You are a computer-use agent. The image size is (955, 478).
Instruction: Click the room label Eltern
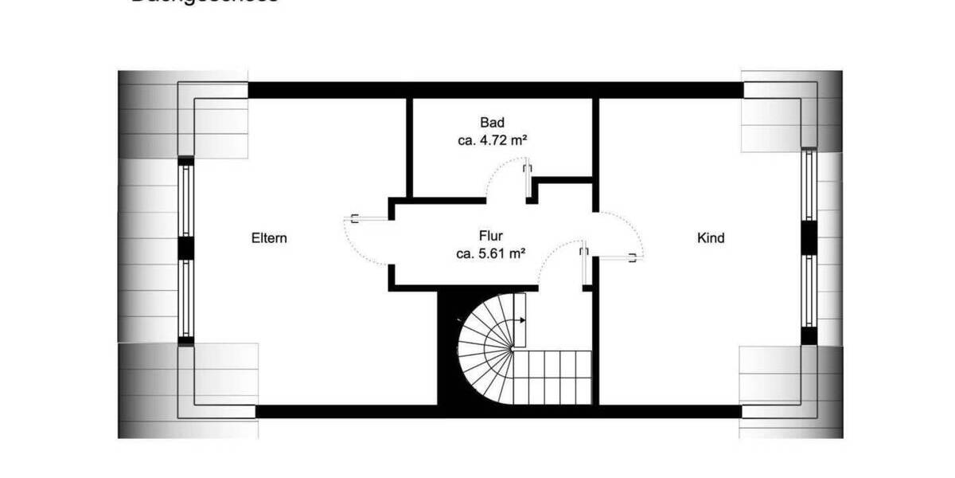tap(268, 238)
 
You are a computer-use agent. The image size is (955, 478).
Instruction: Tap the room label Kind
tap(711, 238)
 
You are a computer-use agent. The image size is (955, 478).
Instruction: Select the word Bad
tap(492, 123)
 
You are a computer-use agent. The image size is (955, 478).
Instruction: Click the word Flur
tap(491, 237)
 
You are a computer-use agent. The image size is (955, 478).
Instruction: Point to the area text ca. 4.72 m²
tap(493, 140)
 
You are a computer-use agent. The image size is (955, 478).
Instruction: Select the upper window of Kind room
tap(809, 185)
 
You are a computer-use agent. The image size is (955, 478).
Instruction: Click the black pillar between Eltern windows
tap(186, 249)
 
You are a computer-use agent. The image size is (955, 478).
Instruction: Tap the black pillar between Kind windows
tap(809, 237)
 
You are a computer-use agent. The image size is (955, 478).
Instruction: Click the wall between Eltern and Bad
tap(409, 147)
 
